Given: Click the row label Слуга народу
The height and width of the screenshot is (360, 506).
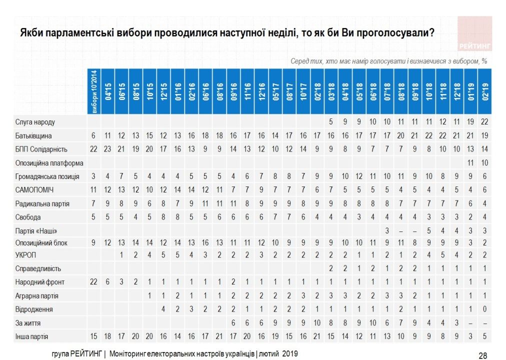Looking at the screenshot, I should point(34,122).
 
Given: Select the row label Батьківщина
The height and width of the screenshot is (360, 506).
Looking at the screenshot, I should point(33,135).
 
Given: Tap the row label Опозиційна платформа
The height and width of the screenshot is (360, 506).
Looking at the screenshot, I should point(49,163).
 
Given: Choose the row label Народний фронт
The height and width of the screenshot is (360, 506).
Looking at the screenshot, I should point(40,282).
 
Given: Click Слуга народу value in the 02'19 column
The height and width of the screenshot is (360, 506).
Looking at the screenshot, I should point(484,122).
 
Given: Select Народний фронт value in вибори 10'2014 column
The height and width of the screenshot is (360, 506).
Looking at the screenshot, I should point(94,282).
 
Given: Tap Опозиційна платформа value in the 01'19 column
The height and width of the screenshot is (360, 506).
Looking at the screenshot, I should point(470,163).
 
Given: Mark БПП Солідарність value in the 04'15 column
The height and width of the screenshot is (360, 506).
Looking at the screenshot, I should point(108,149).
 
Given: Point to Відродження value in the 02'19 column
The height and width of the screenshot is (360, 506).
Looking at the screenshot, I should point(484,309).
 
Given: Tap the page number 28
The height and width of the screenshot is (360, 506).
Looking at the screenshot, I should point(483,355).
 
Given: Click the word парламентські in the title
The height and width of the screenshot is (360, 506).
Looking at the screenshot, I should point(78,33).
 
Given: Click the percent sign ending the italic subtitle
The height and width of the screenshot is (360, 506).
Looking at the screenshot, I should point(484,60).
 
